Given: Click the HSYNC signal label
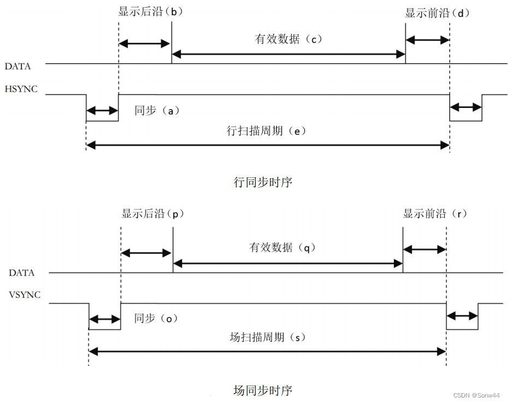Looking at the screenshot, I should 21,88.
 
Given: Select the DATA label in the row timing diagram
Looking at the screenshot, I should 17,67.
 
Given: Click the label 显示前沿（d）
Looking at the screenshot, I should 437,13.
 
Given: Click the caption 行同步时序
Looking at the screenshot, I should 263,182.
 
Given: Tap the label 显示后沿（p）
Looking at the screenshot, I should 152,214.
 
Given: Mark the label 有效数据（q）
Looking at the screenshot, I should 283,248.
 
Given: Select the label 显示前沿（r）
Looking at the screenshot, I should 435,214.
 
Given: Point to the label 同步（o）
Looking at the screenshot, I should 156,318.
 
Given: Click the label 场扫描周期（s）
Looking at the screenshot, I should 266,337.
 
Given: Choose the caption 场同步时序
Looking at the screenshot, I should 263,390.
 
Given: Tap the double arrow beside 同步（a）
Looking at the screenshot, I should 102,111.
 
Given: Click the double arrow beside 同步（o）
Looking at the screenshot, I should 104,320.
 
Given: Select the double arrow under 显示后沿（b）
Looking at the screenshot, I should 145,44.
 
